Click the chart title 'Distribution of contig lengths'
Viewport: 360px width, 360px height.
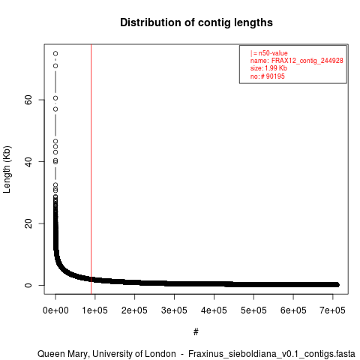click(x=196, y=22)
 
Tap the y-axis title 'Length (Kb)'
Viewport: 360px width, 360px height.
click(x=7, y=169)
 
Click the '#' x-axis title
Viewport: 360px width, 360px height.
click(x=196, y=332)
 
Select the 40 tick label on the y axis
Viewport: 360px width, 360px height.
click(x=28, y=161)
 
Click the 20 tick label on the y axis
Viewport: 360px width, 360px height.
click(x=28, y=223)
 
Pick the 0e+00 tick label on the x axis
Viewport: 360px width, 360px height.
click(x=55, y=310)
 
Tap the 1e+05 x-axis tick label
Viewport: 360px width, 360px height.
click(x=95, y=310)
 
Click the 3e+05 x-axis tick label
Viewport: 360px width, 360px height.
click(x=174, y=310)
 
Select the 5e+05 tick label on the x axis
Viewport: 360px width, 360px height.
click(x=253, y=310)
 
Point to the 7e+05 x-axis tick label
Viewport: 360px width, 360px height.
click(x=332, y=310)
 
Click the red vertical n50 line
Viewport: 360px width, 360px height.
click(x=91, y=169)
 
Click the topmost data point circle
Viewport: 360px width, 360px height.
click(x=55, y=53)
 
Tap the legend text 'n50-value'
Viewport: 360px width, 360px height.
click(x=273, y=53)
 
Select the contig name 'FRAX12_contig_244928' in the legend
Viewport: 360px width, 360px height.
click(x=307, y=61)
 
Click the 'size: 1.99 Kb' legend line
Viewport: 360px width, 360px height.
click(x=268, y=68)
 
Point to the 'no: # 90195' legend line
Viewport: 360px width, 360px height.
click(x=268, y=76)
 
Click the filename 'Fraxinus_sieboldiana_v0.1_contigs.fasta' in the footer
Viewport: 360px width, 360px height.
click(x=271, y=354)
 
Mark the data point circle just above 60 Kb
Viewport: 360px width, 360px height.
click(x=55, y=98)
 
